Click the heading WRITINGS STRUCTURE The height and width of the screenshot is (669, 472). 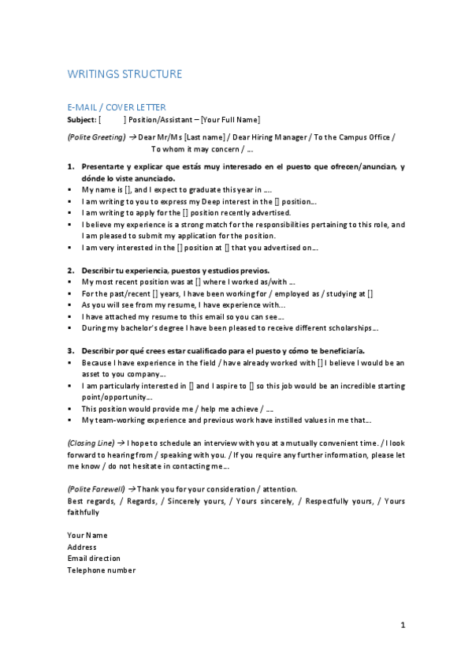click(125, 74)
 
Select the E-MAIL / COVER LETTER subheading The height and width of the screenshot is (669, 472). click(117, 107)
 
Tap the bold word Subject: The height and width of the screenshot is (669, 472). click(82, 119)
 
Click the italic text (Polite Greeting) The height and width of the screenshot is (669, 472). click(96, 137)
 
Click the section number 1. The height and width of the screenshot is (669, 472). click(70, 166)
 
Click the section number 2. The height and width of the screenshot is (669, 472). click(70, 270)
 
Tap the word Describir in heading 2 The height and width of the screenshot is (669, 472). click(99, 270)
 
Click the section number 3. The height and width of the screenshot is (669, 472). click(70, 350)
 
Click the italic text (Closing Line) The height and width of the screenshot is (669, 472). click(91, 443)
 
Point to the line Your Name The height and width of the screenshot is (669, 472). click(87, 535)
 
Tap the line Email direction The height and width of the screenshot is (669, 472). click(94, 559)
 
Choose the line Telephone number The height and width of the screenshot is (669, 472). click(101, 570)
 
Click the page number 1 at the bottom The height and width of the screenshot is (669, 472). click(403, 626)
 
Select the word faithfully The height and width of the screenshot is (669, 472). click(83, 512)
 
